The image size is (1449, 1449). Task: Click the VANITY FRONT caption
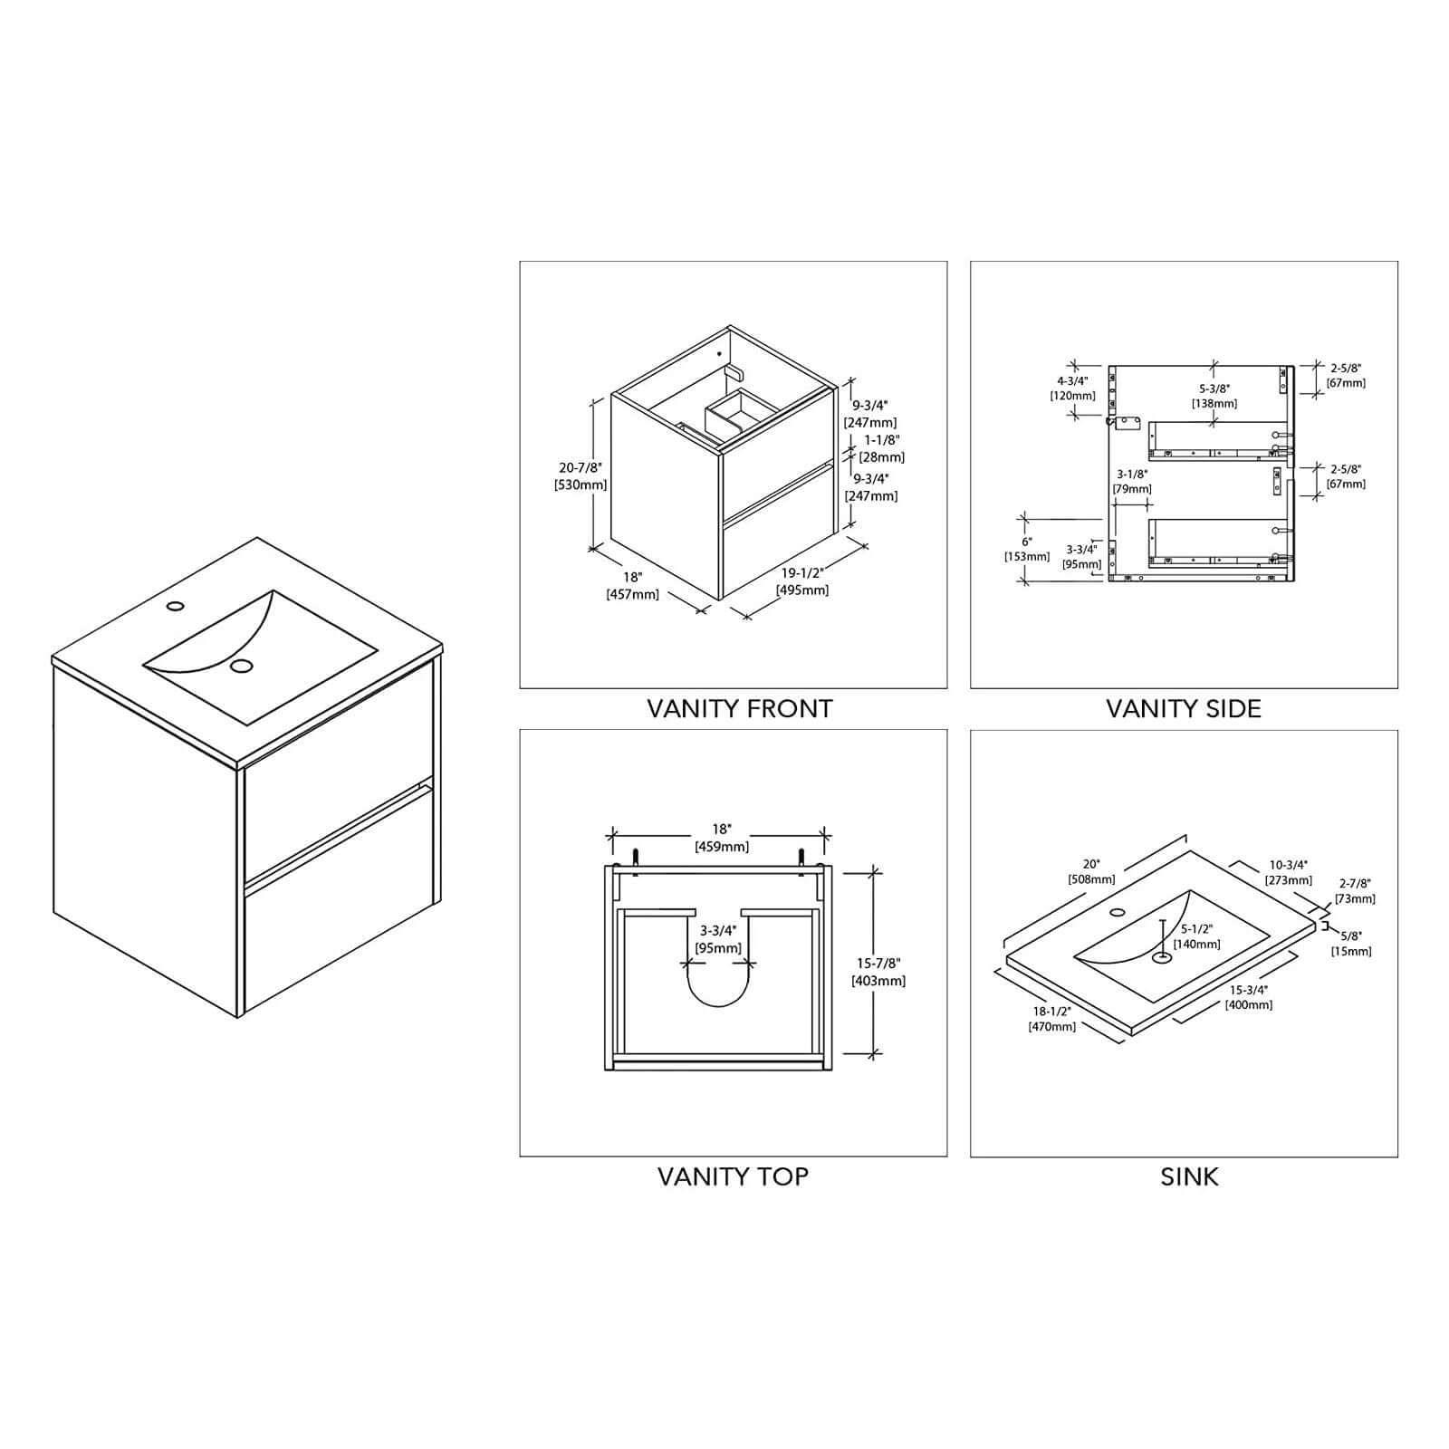tap(739, 708)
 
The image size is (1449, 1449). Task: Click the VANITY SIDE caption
tap(1184, 708)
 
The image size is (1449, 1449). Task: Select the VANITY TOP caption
tap(733, 1176)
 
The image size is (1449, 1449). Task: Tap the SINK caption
tap(1189, 1176)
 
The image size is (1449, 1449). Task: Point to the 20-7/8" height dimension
tap(581, 467)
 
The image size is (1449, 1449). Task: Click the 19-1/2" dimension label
tap(801, 573)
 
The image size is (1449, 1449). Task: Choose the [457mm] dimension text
tap(632, 594)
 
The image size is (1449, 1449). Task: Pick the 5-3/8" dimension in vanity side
tap(1214, 389)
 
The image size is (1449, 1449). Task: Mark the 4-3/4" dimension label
tap(1072, 380)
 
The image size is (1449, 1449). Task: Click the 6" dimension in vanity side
tap(1026, 541)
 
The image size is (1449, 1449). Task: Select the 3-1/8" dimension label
tap(1132, 474)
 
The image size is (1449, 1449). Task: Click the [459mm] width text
tap(721, 847)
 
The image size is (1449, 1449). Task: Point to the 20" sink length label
tap(1090, 864)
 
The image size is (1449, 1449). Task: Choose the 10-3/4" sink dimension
tap(1288, 865)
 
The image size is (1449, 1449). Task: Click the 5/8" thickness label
tap(1350, 936)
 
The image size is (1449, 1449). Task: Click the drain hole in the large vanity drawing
tap(241, 666)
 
